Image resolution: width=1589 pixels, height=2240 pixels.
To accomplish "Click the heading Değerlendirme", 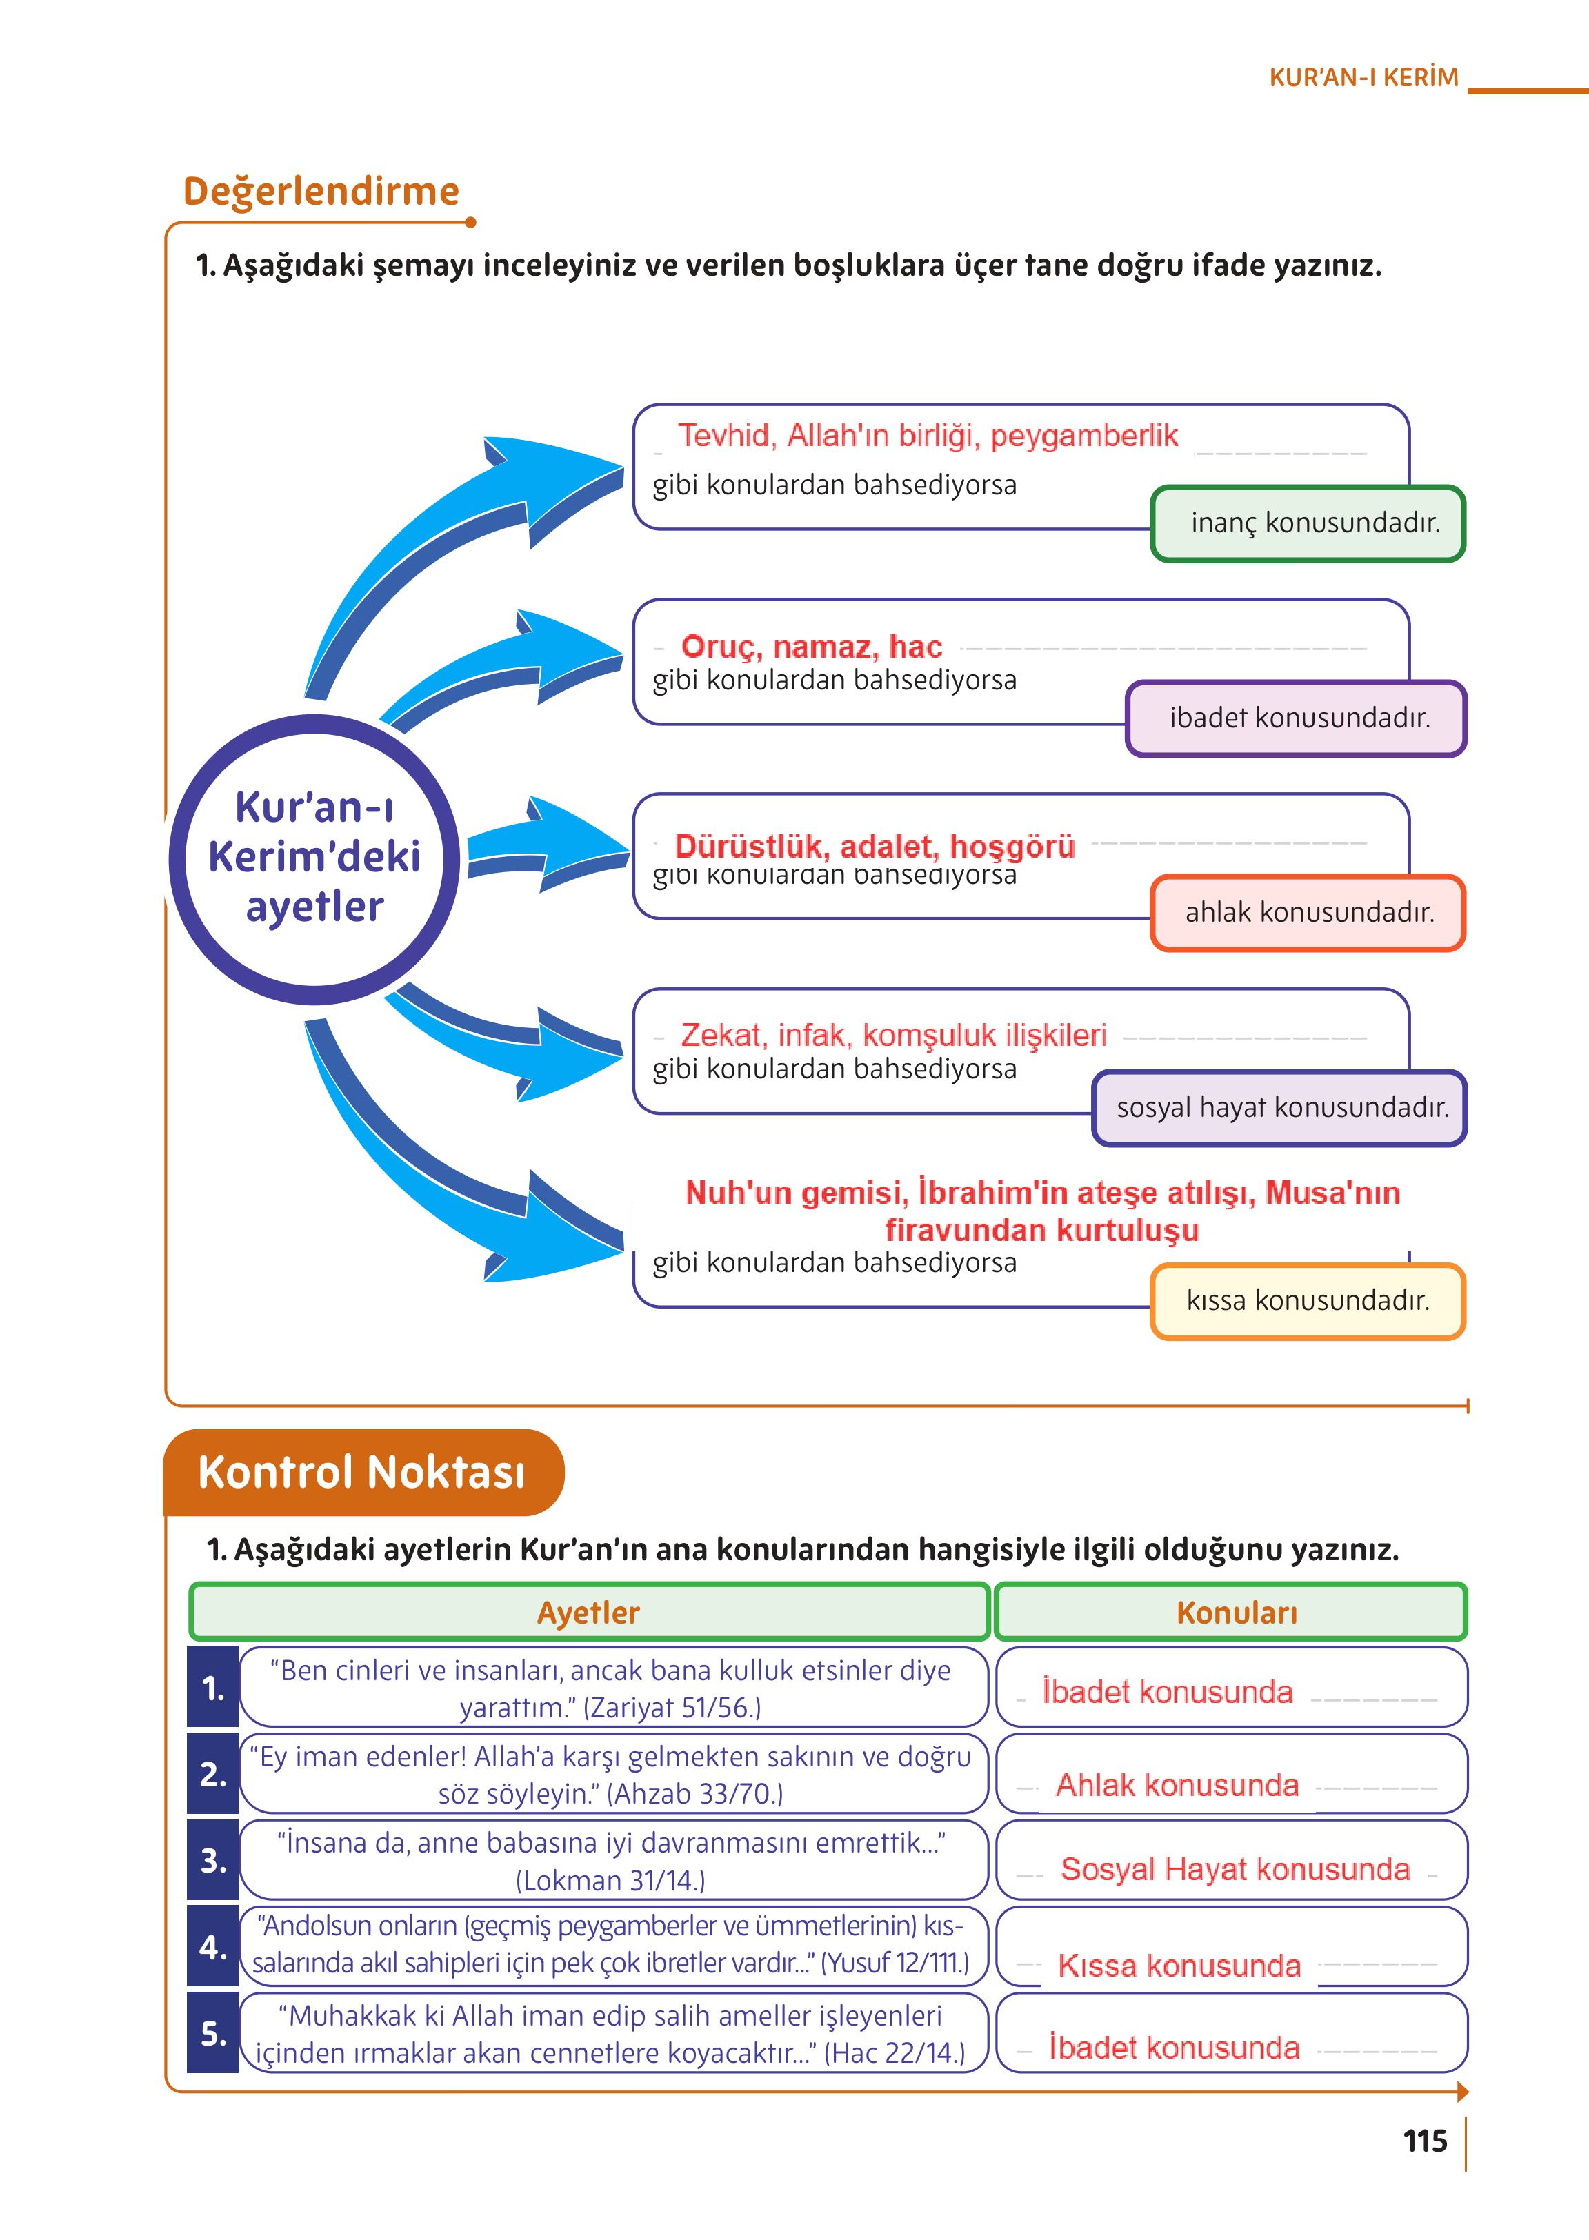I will pos(321,192).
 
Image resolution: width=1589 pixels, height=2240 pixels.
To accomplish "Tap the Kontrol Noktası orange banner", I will pos(362,1471).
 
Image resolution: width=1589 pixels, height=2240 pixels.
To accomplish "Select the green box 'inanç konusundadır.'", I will pos(1308,523).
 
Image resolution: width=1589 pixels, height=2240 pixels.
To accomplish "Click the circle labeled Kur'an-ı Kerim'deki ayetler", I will pos(314,858).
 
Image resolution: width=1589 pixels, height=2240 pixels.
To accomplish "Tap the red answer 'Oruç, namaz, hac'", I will pos(811,647).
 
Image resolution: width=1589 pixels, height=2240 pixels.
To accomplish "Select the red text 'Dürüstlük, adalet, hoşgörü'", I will pos(875,845).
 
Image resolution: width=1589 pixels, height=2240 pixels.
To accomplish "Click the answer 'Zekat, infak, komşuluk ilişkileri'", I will pos(893,1034).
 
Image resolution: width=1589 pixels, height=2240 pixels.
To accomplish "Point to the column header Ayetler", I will pos(588,1612).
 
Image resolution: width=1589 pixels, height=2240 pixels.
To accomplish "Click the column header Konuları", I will pos(1236,1612).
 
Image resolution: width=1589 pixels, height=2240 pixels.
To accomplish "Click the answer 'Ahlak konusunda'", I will pos(1177,1785).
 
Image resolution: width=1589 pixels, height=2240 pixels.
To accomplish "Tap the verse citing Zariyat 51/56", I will pos(612,1688).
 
